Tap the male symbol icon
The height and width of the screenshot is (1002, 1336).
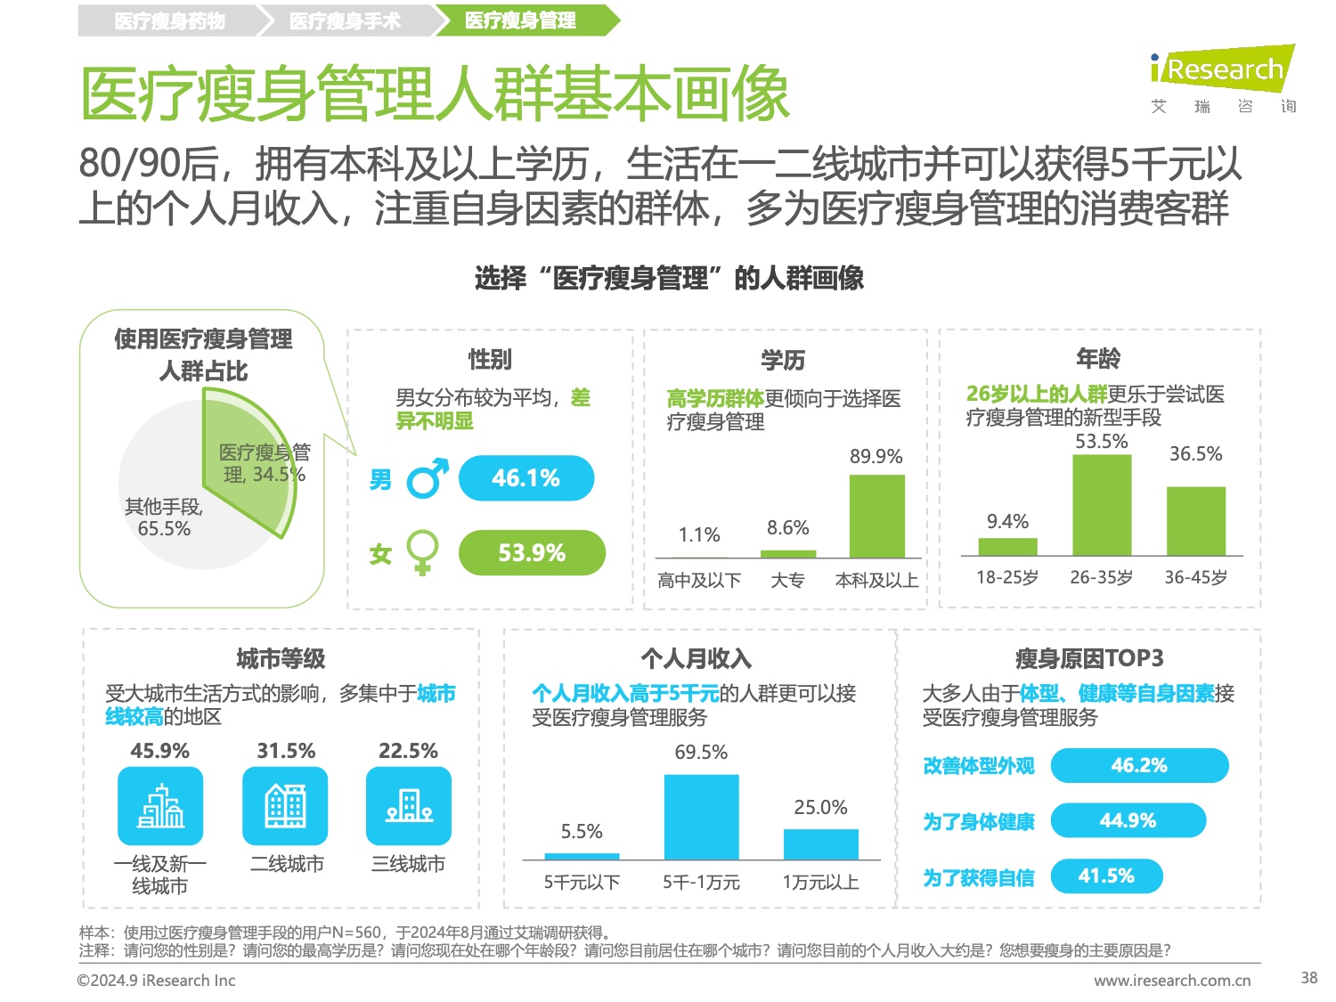[x=427, y=479]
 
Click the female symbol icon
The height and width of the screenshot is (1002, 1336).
[x=422, y=552]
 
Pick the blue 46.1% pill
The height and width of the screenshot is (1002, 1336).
[x=525, y=478]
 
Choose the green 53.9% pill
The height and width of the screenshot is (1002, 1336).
[x=532, y=553]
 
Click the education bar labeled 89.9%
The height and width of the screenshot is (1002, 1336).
[x=876, y=517]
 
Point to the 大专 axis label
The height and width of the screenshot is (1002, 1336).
[x=787, y=581]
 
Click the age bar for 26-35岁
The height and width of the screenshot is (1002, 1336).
[x=1102, y=505]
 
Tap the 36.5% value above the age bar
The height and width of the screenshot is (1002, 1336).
[x=1195, y=454]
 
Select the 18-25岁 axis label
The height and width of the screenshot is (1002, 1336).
[x=1007, y=577]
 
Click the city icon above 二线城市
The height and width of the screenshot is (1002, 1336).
[x=285, y=807]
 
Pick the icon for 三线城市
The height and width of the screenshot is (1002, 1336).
[x=409, y=807]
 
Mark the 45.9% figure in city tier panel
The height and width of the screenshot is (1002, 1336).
[x=160, y=751]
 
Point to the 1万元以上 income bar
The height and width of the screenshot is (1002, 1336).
[x=820, y=844]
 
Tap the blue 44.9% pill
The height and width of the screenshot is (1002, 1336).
[x=1128, y=820]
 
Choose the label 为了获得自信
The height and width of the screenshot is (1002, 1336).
[x=978, y=878]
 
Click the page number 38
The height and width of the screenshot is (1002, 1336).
[x=1308, y=977]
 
